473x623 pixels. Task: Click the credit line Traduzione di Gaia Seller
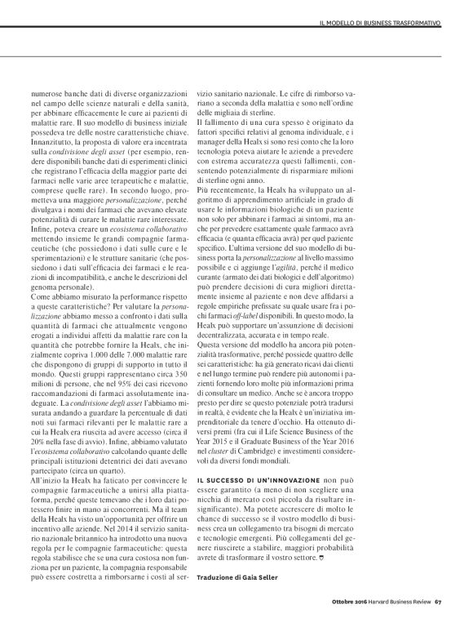coord(236,577)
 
